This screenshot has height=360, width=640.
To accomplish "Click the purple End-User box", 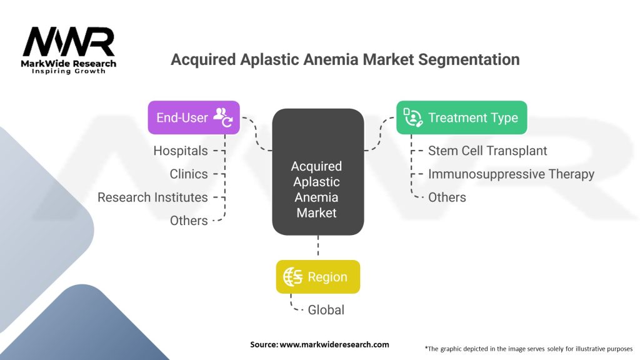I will tap(193, 117).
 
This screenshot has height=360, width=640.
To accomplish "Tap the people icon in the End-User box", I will tap(222, 117).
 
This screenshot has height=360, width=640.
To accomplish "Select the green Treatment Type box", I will tap(461, 117).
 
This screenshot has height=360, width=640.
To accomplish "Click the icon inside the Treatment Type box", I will tap(413, 117).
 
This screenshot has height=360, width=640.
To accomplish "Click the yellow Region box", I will tap(317, 277).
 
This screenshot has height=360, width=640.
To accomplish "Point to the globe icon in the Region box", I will tap(293, 277).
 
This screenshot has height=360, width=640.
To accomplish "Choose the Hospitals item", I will tap(181, 151).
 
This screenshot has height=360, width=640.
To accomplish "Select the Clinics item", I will tap(189, 174).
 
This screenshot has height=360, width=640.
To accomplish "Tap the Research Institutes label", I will tap(152, 197).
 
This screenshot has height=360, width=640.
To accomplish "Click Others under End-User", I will tap(189, 220).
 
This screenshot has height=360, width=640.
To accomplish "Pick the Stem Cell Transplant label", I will tap(487, 151).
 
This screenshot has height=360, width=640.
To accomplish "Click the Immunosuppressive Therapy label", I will tap(511, 174).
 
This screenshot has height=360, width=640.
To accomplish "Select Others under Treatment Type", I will tap(447, 197).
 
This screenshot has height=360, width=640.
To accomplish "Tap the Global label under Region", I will tap(326, 309).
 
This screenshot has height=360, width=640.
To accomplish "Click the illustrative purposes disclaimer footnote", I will tap(528, 348).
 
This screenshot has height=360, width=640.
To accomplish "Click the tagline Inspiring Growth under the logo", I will tap(69, 71).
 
